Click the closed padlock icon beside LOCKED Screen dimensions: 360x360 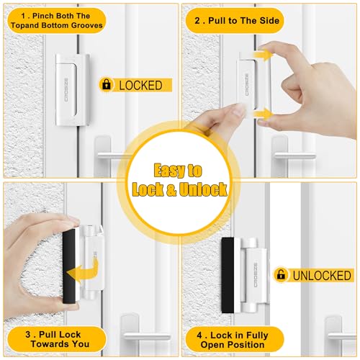click(107, 84)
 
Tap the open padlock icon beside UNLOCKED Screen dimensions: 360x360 click(281, 274)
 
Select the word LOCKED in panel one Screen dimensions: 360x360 click(140, 86)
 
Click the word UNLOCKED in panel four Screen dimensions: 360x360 click(322, 275)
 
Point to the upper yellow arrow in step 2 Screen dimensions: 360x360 click(264, 55)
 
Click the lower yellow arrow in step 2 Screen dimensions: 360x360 click(264, 113)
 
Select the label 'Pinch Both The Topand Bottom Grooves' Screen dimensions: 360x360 click(57, 21)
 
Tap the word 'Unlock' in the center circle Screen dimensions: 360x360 click(203, 189)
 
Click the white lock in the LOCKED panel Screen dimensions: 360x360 click(73, 90)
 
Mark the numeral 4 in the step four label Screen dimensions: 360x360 click(199, 335)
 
